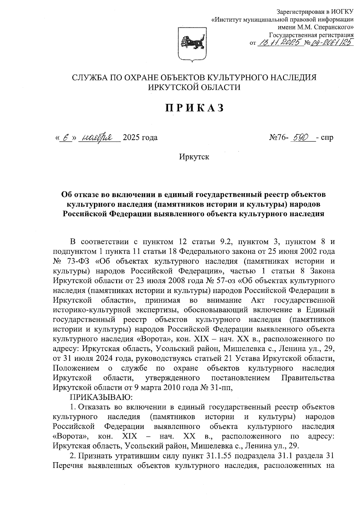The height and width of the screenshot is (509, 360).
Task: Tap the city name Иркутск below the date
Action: pyautogui.click(x=194, y=157)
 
